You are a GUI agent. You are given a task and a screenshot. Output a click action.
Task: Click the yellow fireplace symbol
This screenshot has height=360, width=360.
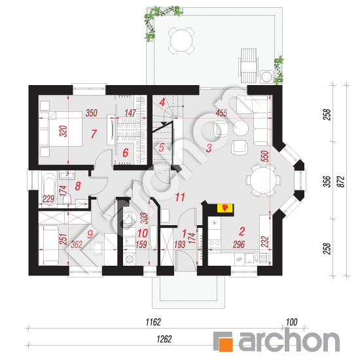tap(225, 207)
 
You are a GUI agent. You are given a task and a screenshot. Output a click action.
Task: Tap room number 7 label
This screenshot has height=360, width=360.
tap(94, 134)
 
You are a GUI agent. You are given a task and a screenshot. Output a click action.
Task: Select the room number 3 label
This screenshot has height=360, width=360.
tap(209, 148)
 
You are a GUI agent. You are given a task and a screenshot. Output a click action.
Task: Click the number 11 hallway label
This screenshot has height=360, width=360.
tap(180, 197)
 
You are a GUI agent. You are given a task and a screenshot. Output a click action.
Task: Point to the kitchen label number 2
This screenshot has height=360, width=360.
tap(242, 232)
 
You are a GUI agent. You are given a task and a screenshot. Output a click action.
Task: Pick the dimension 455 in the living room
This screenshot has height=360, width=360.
tap(221, 113)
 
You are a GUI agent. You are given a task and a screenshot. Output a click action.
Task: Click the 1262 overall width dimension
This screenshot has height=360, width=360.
tap(164, 339)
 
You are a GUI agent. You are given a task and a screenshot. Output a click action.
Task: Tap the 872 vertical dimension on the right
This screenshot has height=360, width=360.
tap(342, 181)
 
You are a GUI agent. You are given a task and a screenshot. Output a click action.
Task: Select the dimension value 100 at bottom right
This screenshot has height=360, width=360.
tap(291, 322)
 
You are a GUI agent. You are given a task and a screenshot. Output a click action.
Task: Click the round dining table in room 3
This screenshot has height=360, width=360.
tap(263, 180)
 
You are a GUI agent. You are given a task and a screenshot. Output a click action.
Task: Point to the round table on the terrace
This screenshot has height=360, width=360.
tap(181, 41)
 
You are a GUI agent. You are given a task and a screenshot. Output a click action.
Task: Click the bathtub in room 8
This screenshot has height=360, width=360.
tap(48, 189)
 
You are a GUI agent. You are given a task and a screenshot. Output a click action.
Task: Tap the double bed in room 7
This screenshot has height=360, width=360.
tap(60, 129)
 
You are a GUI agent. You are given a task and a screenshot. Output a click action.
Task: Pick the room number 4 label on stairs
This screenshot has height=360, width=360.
tap(162, 102)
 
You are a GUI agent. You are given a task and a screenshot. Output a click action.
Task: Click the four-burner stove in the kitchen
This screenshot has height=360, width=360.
tap(214, 245)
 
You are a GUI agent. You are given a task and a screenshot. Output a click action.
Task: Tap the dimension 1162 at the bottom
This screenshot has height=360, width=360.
tap(153, 322)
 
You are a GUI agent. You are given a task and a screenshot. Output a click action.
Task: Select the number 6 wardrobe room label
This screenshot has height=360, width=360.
tap(126, 153)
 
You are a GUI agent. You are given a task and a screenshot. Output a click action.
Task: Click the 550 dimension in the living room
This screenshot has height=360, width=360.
tap(264, 156)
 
